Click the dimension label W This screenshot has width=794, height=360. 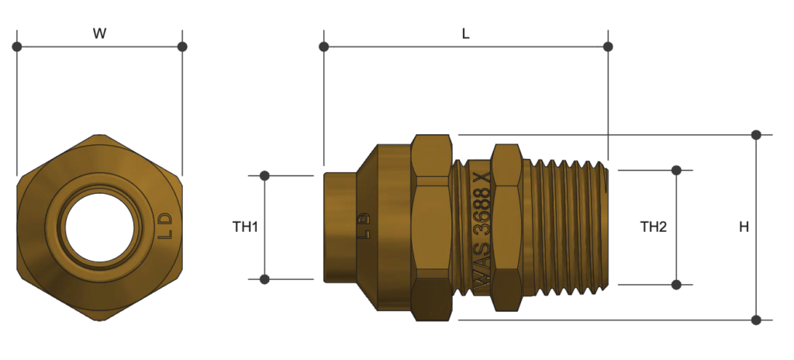(99, 33)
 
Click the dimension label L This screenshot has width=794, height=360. (465, 33)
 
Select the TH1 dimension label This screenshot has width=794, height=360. (245, 227)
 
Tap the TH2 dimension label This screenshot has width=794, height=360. (654, 227)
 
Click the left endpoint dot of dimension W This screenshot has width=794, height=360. (17, 47)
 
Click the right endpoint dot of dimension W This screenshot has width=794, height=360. (182, 47)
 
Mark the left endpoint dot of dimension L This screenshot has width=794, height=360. (324, 47)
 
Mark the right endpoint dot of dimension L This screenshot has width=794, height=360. (608, 47)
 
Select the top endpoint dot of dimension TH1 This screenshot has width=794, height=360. (264, 176)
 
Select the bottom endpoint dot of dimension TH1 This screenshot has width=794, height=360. (264, 279)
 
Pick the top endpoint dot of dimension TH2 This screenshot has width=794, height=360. (676, 170)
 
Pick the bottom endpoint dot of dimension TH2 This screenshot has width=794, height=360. (676, 285)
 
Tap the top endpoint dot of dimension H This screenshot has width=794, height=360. (757, 135)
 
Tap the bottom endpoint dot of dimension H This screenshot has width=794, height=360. (757, 319)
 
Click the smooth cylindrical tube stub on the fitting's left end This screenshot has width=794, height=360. (340, 227)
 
